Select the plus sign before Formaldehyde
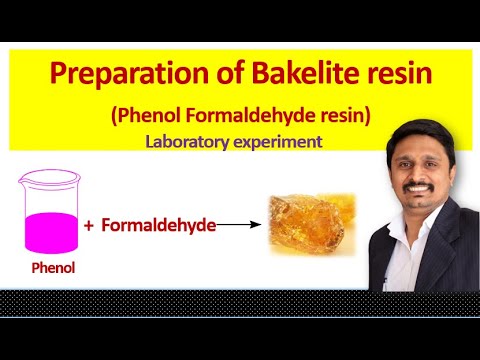(89, 226)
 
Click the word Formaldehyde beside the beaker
(158, 226)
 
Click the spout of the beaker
(20, 177)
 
